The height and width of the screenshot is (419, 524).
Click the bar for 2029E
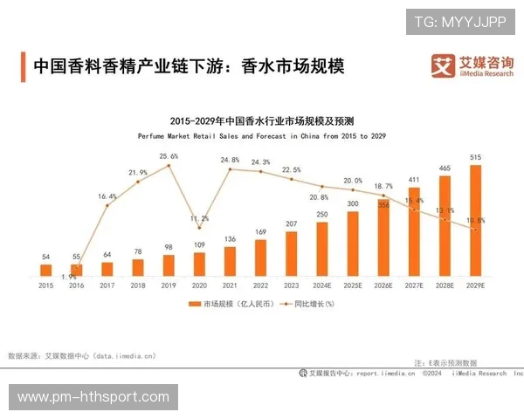pyautogui.click(x=475, y=220)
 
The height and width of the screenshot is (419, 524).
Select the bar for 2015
pyautogui.click(x=46, y=270)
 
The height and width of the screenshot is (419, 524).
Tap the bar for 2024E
pyautogui.click(x=322, y=249)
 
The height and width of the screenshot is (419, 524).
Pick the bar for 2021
pyautogui.click(x=231, y=261)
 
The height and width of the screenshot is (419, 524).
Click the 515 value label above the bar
pyautogui.click(x=475, y=157)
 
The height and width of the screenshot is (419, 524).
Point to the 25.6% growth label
pyautogui.click(x=169, y=156)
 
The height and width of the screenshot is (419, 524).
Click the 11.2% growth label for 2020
pyautogui.click(x=199, y=218)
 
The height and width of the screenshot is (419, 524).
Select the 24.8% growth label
pyautogui.click(x=230, y=161)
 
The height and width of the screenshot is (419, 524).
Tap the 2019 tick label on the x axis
pyautogui.click(x=169, y=285)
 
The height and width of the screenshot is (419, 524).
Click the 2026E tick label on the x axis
pyautogui.click(x=383, y=285)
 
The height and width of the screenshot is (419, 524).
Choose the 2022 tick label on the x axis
pyautogui.click(x=260, y=285)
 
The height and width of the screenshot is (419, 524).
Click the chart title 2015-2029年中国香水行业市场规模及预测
pyautogui.click(x=261, y=120)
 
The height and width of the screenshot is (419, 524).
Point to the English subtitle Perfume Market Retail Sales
pyautogui.click(x=261, y=136)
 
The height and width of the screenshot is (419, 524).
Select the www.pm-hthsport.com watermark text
pyautogui.click(x=93, y=397)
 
